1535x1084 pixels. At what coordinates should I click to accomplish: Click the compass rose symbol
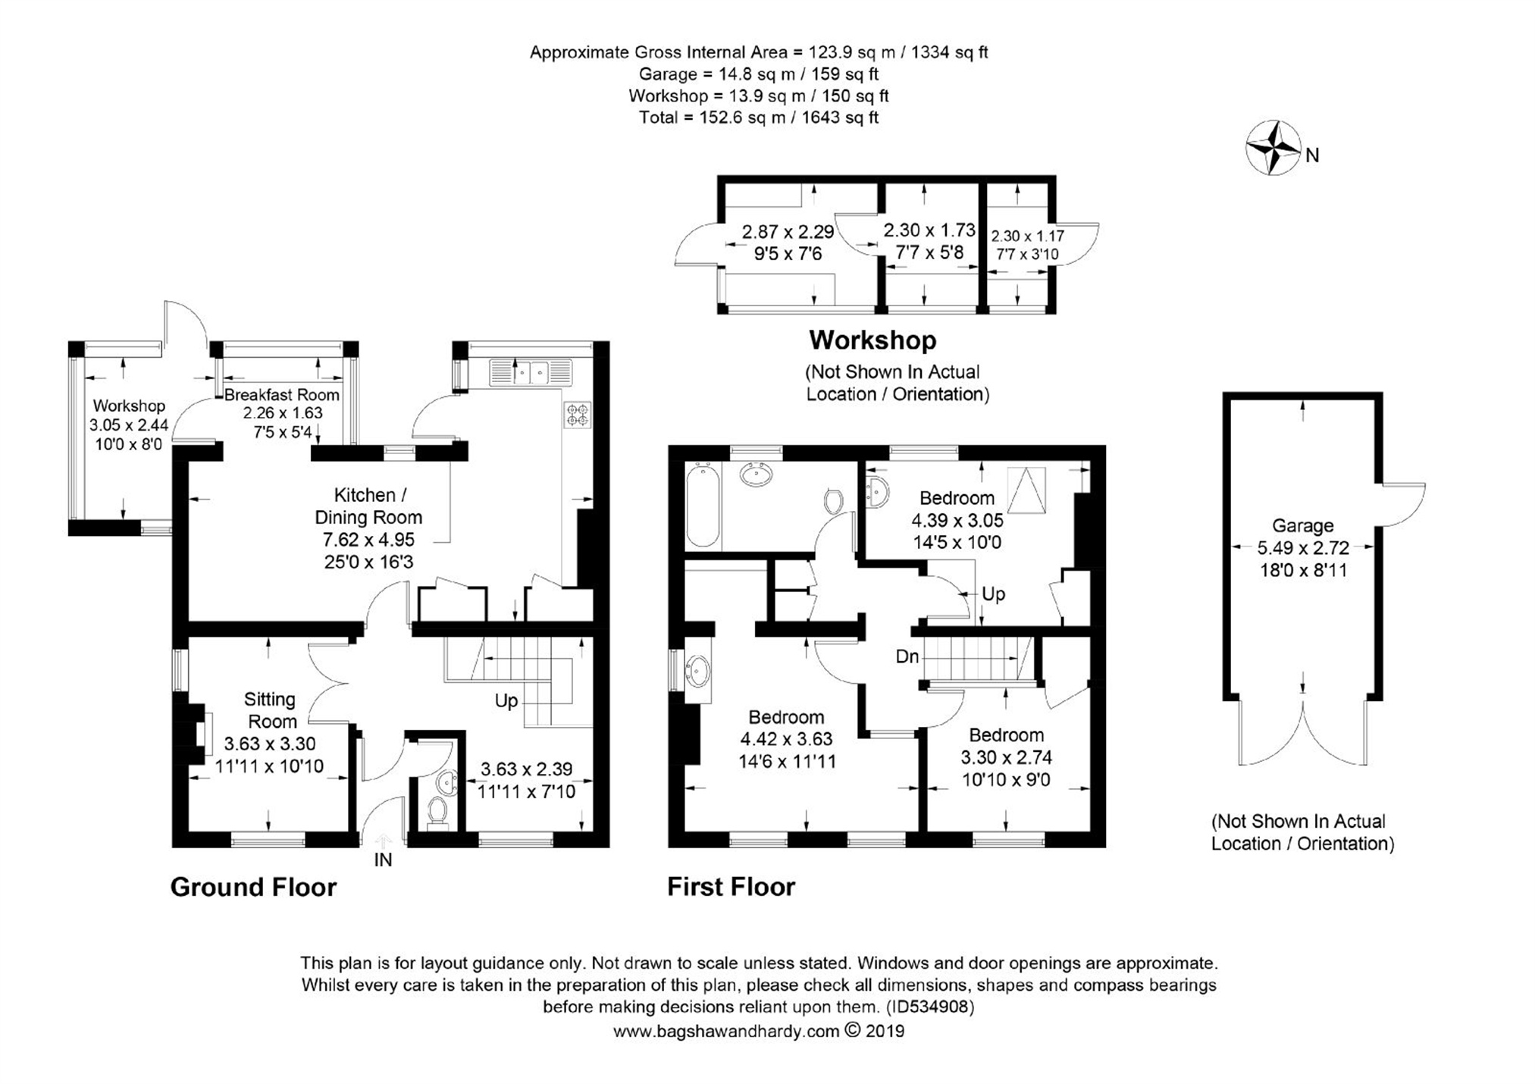click(x=1273, y=148)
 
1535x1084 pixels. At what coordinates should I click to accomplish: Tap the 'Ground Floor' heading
click(x=253, y=887)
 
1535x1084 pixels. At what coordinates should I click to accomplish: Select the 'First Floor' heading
click(x=731, y=887)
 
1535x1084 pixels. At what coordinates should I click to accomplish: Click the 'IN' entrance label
click(x=383, y=860)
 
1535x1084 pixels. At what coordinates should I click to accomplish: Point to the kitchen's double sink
click(x=531, y=373)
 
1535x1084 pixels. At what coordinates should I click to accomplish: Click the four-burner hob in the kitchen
click(x=577, y=415)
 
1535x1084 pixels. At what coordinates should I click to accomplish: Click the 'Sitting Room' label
click(x=271, y=710)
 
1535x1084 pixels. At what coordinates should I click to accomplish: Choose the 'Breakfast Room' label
click(x=282, y=395)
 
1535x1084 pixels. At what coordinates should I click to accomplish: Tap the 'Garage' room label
click(x=1302, y=525)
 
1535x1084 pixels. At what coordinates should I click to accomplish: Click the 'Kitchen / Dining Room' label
click(x=368, y=506)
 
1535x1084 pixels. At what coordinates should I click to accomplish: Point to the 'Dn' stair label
click(x=907, y=656)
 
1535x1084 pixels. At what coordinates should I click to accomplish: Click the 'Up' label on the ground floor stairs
click(x=506, y=701)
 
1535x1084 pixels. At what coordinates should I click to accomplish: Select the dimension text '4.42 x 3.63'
click(x=787, y=738)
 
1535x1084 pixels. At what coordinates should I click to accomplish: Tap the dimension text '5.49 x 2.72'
click(x=1303, y=547)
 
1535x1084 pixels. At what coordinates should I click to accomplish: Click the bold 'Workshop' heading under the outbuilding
click(x=872, y=340)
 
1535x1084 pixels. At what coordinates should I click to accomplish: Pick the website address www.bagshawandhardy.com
click(x=726, y=1031)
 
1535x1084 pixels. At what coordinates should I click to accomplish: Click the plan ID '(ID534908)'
click(x=930, y=1007)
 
